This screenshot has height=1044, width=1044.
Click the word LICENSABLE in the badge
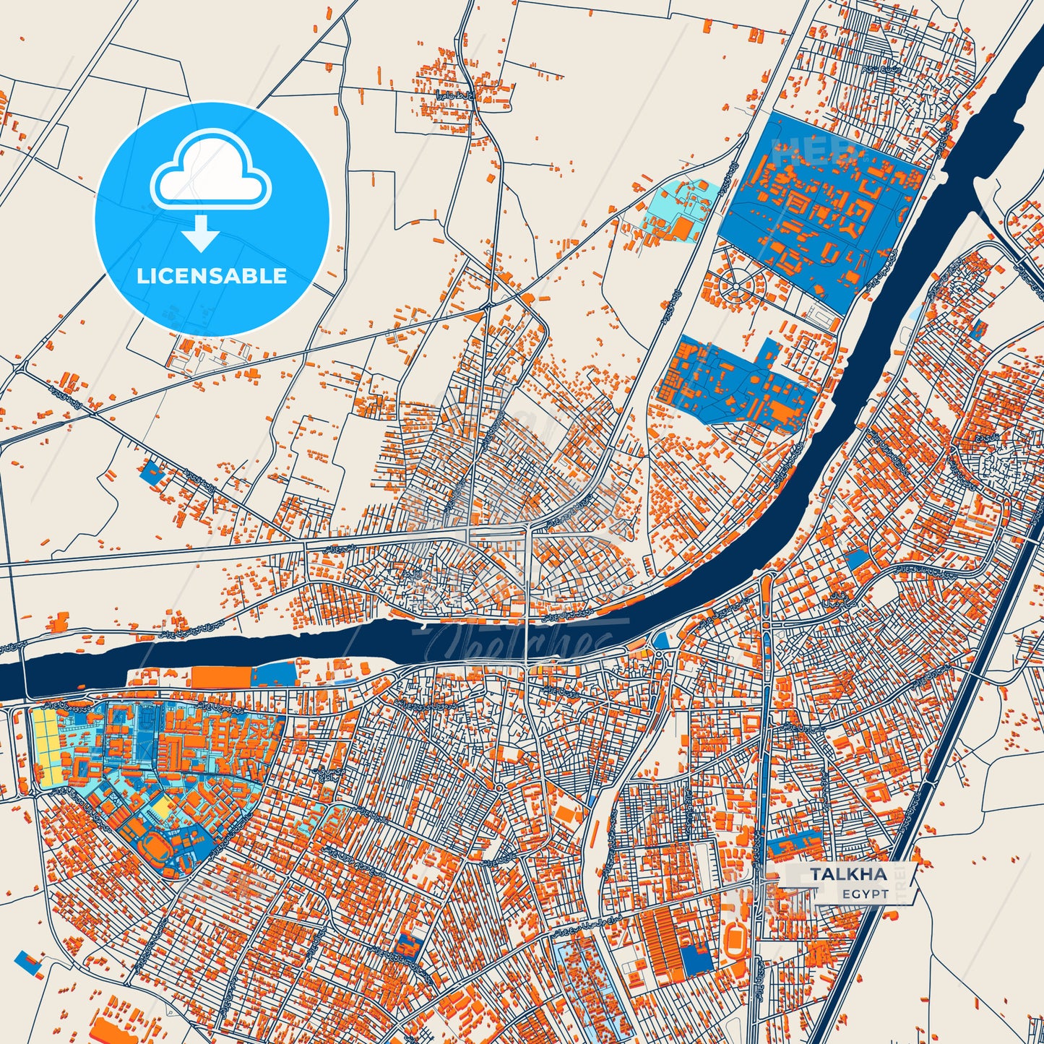pyautogui.click(x=212, y=275)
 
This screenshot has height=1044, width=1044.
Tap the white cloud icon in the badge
pyautogui.click(x=210, y=172)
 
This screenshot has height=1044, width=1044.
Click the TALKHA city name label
pyautogui.click(x=848, y=873)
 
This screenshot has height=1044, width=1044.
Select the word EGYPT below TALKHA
pyautogui.click(x=864, y=894)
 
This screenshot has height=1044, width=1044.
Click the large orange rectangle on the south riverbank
pyautogui.click(x=221, y=677)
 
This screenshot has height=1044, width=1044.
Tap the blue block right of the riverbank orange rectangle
pyautogui.click(x=274, y=674)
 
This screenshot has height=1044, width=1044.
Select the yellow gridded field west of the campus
pyautogui.click(x=46, y=744)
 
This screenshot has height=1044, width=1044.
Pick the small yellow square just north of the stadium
pyautogui.click(x=163, y=811)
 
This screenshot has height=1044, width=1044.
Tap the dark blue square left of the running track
pyautogui.click(x=696, y=957)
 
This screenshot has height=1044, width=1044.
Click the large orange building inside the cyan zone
pyautogui.click(x=682, y=228)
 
